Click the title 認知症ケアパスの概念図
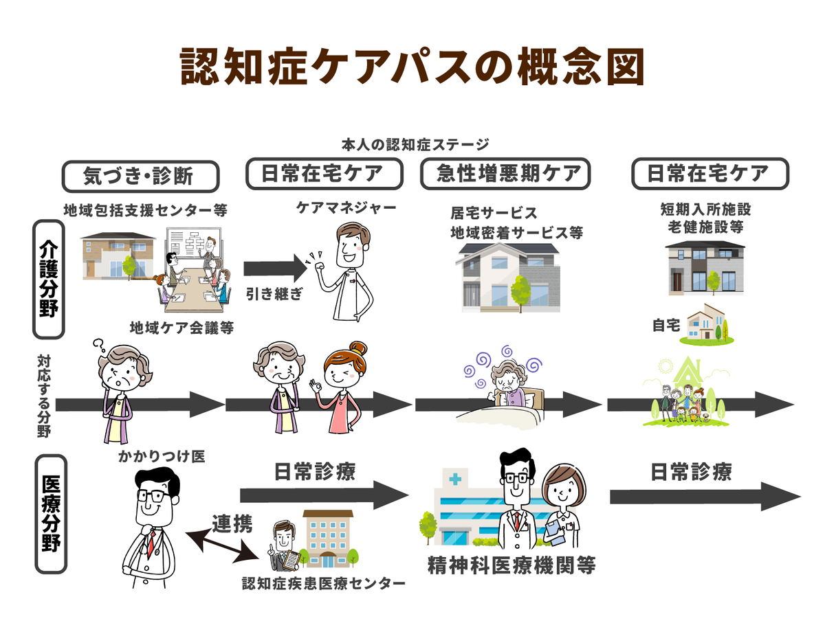(412, 67)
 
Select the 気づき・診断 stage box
(140, 177)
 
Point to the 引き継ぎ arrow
(274, 268)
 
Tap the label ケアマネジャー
(337, 207)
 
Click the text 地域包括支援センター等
(145, 210)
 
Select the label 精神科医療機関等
(511, 565)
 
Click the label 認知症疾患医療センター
(323, 584)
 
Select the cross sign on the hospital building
(454, 478)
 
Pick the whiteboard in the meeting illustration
(191, 244)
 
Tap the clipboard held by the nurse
(554, 531)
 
